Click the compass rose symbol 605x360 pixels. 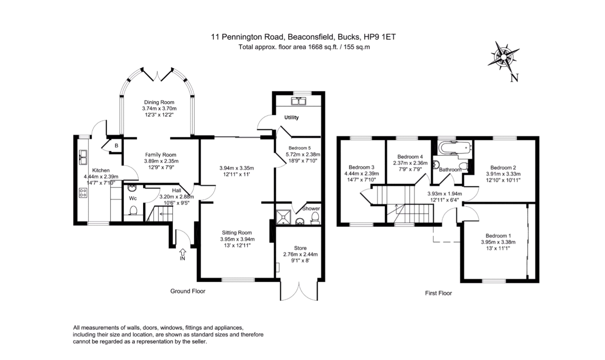tap(503, 56)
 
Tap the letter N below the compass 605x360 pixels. tap(514, 77)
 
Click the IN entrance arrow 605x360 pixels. tap(182, 254)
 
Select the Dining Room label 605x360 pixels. tap(159, 103)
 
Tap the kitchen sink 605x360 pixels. tap(83, 157)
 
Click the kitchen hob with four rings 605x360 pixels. tap(83, 193)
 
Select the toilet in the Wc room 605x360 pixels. tap(133, 211)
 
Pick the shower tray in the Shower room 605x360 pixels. tap(284, 217)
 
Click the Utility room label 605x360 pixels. tap(291, 117)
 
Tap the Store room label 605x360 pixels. tap(300, 248)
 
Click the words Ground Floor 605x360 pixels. tap(188, 291)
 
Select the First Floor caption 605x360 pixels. tap(438, 293)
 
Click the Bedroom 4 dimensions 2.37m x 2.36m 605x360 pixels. tap(410, 163)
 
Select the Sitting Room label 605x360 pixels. tap(237, 232)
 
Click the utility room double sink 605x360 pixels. tap(299, 101)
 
